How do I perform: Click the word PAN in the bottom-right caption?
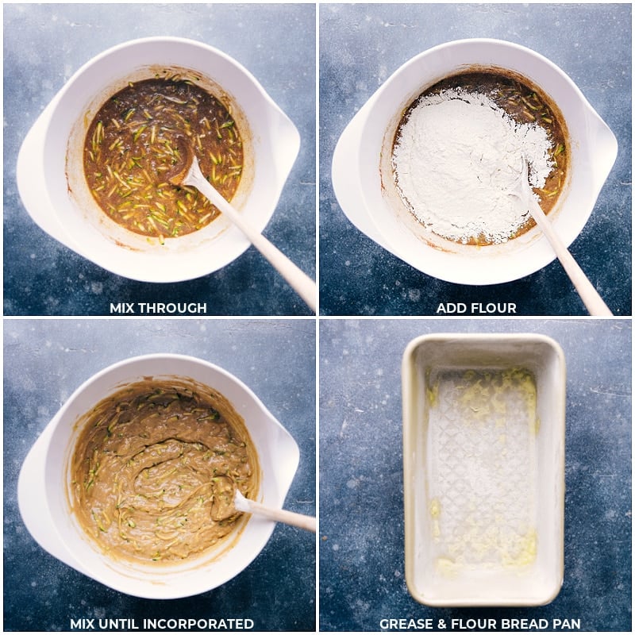566,624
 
